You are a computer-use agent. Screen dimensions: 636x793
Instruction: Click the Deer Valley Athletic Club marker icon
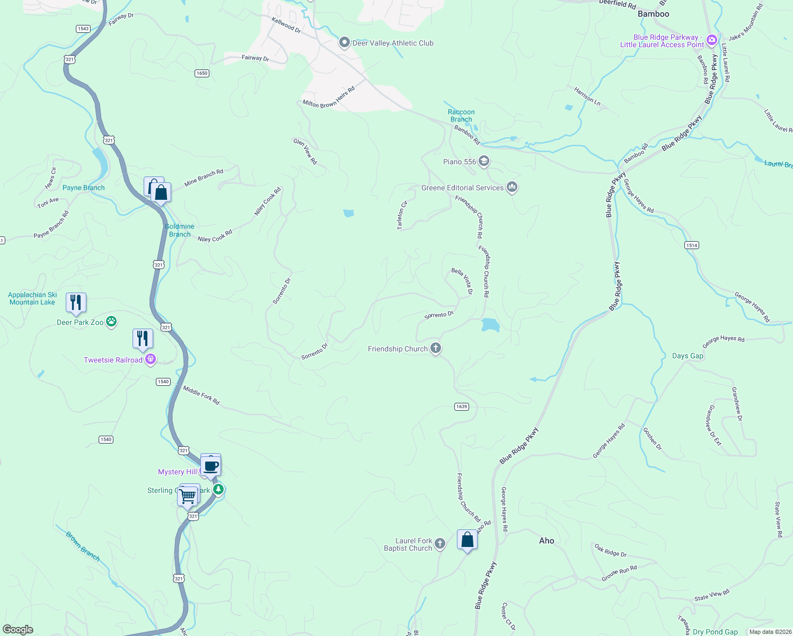(345, 42)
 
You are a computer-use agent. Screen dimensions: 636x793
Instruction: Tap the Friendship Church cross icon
(436, 348)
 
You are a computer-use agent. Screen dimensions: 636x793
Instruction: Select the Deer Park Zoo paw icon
(111, 322)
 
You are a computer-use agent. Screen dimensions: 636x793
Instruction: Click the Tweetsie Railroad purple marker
(151, 359)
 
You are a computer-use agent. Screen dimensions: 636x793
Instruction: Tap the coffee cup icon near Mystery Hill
(211, 466)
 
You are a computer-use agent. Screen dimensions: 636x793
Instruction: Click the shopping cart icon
(188, 497)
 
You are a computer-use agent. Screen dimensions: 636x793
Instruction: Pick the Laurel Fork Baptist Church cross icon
(440, 543)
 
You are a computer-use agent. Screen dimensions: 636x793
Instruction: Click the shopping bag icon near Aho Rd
(467, 540)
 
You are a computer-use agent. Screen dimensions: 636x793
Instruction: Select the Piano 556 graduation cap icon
(483, 161)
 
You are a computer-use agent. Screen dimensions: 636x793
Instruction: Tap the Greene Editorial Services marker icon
(512, 187)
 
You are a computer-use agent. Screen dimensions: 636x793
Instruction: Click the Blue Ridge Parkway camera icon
(711, 40)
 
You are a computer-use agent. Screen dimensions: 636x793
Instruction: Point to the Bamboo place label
(653, 14)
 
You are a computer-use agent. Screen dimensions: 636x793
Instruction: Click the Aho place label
(547, 541)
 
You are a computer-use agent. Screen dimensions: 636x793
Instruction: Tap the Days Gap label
(688, 356)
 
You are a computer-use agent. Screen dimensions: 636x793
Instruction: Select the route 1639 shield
(461, 407)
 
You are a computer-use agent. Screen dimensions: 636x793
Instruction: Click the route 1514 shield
(691, 245)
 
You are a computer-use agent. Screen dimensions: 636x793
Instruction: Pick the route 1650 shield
(202, 73)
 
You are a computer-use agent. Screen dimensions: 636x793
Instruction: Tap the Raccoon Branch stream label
(461, 116)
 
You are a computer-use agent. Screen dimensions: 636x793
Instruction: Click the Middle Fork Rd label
(201, 395)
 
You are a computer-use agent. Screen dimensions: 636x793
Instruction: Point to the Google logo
(18, 630)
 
